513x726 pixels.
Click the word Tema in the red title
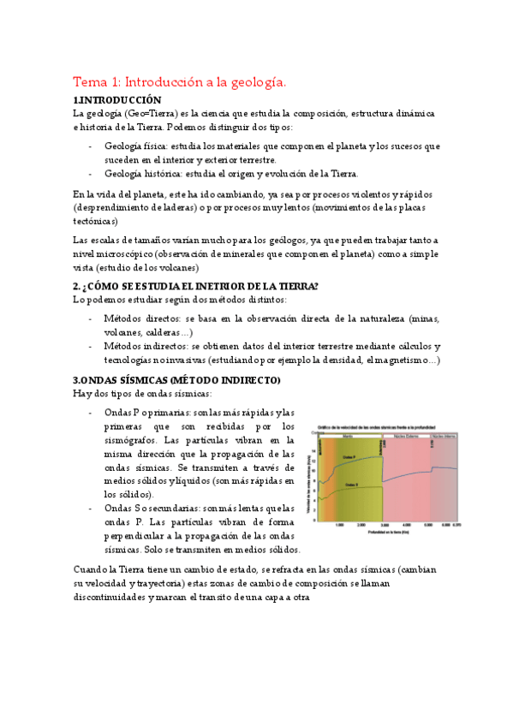pos(88,82)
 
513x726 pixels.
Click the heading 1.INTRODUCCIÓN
pos(117,100)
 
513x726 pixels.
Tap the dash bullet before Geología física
pos(91,146)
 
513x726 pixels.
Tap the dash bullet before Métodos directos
pos(91,318)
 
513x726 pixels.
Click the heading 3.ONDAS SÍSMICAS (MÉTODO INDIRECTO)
pos(176,379)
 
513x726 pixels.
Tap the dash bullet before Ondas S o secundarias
pos(91,508)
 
